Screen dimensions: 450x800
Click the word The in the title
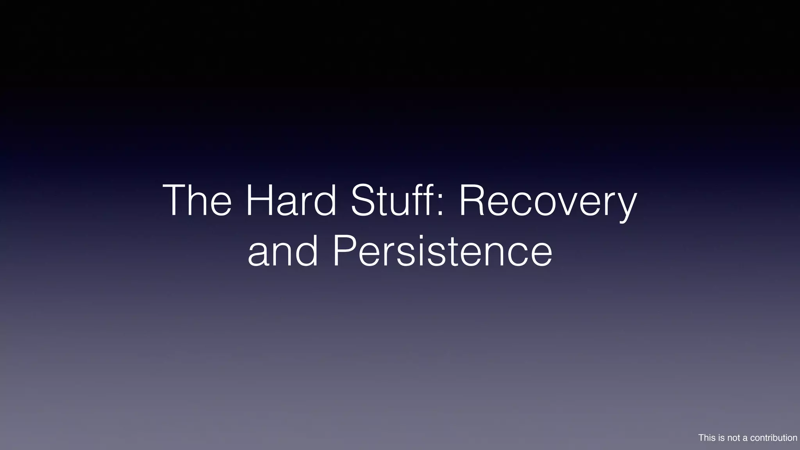tap(197, 201)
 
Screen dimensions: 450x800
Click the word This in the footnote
tap(707, 438)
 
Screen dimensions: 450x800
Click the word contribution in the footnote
tap(773, 438)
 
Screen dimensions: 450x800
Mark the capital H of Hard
tap(257, 201)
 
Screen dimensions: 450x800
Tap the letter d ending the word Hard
tap(324, 201)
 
